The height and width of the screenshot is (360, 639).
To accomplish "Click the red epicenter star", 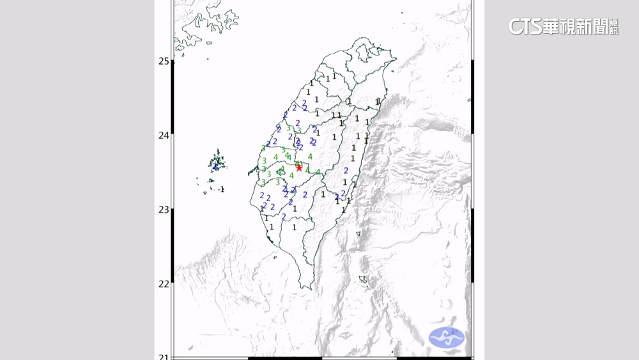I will click(299, 167).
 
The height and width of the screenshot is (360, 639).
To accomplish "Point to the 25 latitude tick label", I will click(164, 61).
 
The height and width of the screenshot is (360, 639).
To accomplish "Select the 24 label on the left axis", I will click(164, 136).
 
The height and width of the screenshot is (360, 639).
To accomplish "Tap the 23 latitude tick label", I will click(164, 210).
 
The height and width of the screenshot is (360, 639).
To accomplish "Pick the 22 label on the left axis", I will click(164, 284).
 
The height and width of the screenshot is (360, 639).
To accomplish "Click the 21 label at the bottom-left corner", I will click(164, 356).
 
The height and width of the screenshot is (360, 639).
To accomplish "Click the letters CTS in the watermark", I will click(525, 26).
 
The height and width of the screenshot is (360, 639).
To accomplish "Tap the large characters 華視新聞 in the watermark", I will click(575, 26).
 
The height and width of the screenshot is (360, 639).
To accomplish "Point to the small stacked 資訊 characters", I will click(614, 26).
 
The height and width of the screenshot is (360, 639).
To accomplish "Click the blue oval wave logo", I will click(447, 338).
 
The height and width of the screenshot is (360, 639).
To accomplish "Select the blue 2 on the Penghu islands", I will click(216, 166).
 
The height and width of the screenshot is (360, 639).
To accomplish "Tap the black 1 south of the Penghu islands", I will click(222, 189).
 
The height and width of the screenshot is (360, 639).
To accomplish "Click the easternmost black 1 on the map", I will click(378, 101).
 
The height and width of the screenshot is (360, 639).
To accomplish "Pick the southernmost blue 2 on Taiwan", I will click(284, 217).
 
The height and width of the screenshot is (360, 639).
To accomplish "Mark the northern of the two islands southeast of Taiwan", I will click(358, 233).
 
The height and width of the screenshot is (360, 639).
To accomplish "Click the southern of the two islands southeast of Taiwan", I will click(363, 279).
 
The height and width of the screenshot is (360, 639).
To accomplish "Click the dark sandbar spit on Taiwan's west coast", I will click(250, 171).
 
